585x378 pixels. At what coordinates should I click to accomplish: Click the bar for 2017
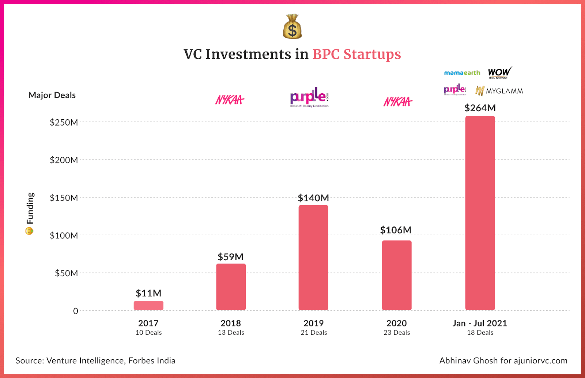point(148,306)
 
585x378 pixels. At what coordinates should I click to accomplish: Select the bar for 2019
point(313,258)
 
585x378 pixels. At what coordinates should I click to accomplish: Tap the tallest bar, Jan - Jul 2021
point(480,213)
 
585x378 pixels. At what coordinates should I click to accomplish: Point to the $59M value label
point(230,257)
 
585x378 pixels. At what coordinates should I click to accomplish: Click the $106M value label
point(396,230)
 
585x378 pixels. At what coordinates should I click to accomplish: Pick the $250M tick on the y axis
point(64,122)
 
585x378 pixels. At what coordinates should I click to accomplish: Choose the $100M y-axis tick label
point(64,235)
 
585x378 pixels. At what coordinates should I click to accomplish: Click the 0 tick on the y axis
point(76,311)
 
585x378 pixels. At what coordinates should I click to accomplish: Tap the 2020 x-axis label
point(396,323)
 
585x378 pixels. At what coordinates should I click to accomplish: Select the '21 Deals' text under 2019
point(314,333)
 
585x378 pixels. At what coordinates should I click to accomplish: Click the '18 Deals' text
point(480,333)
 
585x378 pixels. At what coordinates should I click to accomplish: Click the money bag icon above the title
point(292,27)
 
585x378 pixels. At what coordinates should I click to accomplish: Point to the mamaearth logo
point(462,73)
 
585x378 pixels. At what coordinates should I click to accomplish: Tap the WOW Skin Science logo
point(499,72)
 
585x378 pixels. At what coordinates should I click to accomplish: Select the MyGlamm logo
point(499,91)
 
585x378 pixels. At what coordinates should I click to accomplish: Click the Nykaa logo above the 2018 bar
point(230,100)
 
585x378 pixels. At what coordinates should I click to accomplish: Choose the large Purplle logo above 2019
point(309,97)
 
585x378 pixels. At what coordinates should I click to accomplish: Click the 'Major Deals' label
point(52,95)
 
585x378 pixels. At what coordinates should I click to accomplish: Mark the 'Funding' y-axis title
point(30,209)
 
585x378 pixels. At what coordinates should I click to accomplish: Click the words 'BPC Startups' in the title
point(356,54)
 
